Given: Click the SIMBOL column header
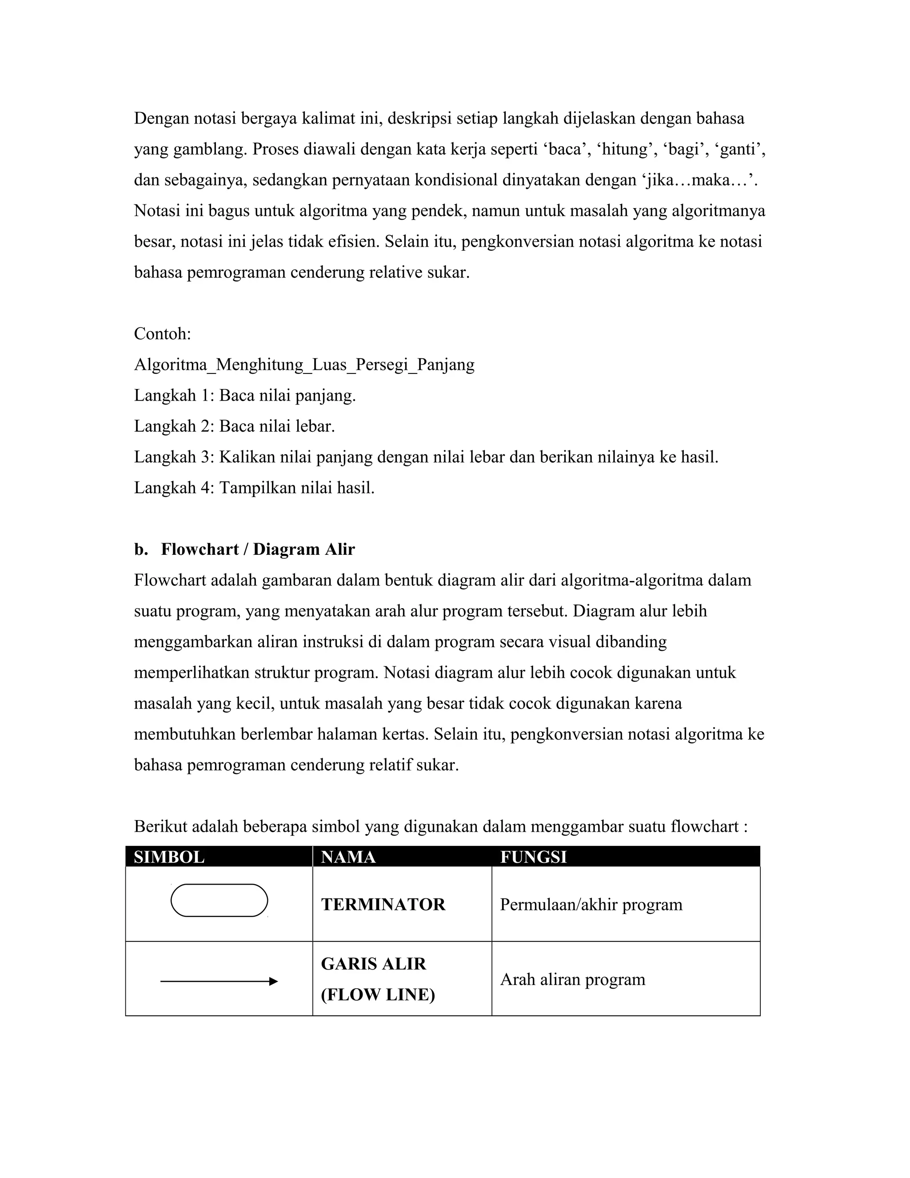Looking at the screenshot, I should [x=169, y=857].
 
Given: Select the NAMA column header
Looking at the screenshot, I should [x=348, y=857].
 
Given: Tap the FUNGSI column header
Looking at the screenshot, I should [x=533, y=857].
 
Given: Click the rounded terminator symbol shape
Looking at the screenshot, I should [x=219, y=900].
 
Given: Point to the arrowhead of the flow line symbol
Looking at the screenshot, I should [x=273, y=982].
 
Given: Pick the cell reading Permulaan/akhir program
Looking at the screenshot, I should [x=591, y=905].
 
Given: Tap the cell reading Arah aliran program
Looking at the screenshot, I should [x=572, y=979].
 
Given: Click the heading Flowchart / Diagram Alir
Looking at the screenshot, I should [x=258, y=549].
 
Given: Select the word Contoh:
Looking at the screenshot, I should [x=162, y=334].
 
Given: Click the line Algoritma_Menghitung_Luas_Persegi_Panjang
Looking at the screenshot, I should [x=304, y=365].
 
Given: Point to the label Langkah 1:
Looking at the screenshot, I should [x=174, y=395].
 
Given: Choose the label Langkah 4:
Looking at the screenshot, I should [x=174, y=488].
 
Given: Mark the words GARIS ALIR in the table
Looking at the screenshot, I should [x=373, y=964].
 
